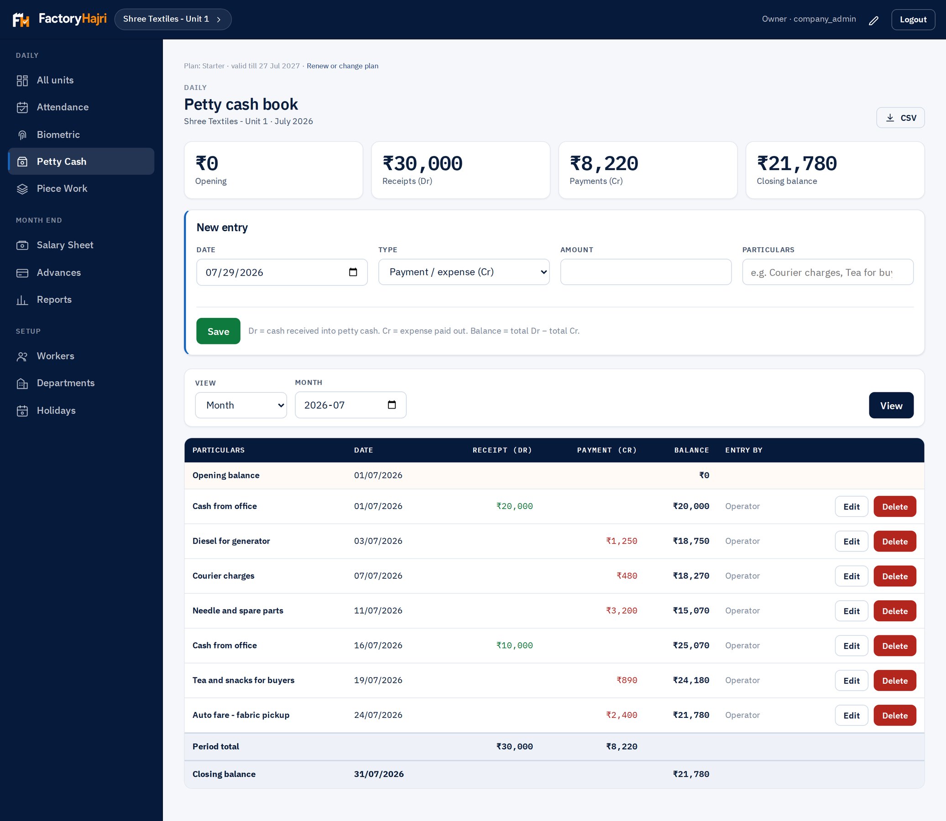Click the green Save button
click(218, 331)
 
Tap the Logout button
click(913, 19)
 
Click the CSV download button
click(900, 118)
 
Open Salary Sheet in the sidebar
click(65, 245)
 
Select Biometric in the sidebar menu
click(58, 135)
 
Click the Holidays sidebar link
click(56, 410)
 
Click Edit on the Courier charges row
click(851, 576)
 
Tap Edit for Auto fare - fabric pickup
click(851, 715)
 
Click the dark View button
click(891, 405)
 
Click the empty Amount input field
click(646, 272)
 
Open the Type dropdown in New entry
click(464, 272)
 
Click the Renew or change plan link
click(342, 66)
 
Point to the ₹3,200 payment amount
click(622, 611)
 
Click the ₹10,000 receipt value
click(514, 645)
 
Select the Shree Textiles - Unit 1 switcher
click(173, 19)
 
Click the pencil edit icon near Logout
click(873, 20)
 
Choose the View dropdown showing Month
click(241, 405)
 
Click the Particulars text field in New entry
click(828, 272)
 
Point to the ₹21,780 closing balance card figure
click(797, 164)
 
